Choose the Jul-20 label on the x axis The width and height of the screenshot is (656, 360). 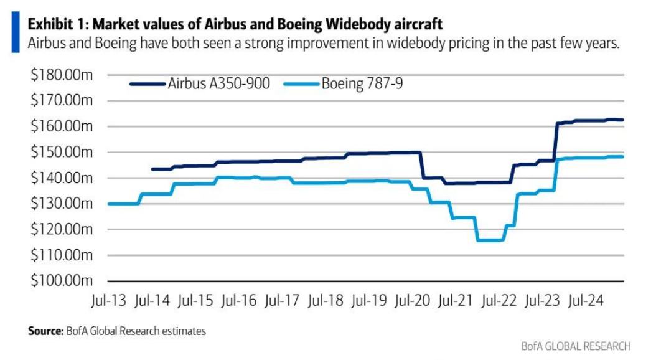point(413,300)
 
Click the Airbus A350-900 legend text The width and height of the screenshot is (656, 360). point(218,84)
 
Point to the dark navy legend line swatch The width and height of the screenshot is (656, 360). point(148,84)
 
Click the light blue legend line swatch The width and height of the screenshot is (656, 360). point(302,84)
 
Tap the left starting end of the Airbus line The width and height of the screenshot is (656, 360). point(152,169)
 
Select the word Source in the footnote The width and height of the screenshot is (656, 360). point(45,331)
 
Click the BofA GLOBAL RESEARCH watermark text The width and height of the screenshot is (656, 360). point(576,346)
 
